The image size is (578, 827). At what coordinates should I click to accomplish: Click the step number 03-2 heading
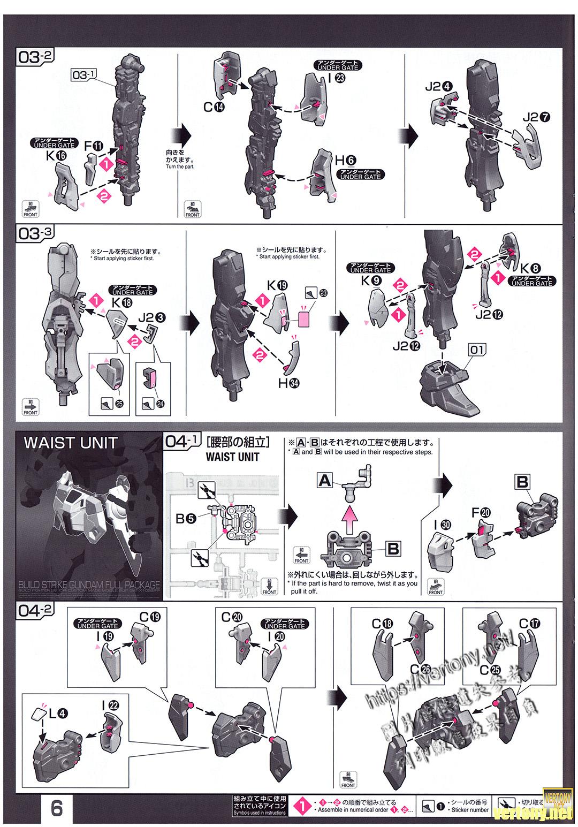point(36,57)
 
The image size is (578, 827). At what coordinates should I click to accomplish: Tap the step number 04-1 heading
point(184,442)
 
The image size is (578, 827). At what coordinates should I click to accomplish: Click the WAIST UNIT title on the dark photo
point(70,443)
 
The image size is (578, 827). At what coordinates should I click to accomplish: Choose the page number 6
point(56,807)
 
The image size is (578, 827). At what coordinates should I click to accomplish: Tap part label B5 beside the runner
point(186,518)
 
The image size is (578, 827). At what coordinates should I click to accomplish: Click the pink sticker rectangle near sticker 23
point(304,320)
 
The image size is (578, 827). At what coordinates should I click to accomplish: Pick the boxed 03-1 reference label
point(83,75)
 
